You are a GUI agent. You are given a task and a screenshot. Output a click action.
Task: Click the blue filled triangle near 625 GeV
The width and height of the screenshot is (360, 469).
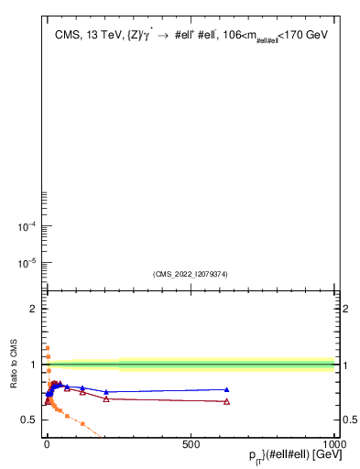coord(226,389)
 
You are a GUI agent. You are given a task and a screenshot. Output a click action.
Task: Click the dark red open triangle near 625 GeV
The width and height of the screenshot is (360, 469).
coord(226,401)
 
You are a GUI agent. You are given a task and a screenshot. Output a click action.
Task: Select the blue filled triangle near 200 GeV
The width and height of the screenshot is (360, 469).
coord(105,391)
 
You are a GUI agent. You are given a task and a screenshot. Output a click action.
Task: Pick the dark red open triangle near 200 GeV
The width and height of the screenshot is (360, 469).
coord(105,398)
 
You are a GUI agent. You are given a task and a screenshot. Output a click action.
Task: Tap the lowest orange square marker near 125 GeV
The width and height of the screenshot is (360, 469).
coord(82,423)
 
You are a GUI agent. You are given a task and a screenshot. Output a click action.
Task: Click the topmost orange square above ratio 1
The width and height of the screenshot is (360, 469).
coord(47,347)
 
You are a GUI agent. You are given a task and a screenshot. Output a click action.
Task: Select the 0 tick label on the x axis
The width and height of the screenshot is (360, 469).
coord(47,444)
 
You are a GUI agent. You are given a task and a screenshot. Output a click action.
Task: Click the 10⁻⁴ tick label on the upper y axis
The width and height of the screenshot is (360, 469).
coord(28,227)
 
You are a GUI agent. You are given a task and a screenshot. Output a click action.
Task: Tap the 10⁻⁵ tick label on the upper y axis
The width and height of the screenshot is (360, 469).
coord(28,263)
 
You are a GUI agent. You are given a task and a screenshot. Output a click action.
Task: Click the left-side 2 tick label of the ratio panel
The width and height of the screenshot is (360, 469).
coord(34,309)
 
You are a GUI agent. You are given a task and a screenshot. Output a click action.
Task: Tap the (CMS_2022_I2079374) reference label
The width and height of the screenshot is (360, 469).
coord(191,274)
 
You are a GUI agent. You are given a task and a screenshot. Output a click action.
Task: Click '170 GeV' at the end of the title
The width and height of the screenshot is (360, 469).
coord(308,35)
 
